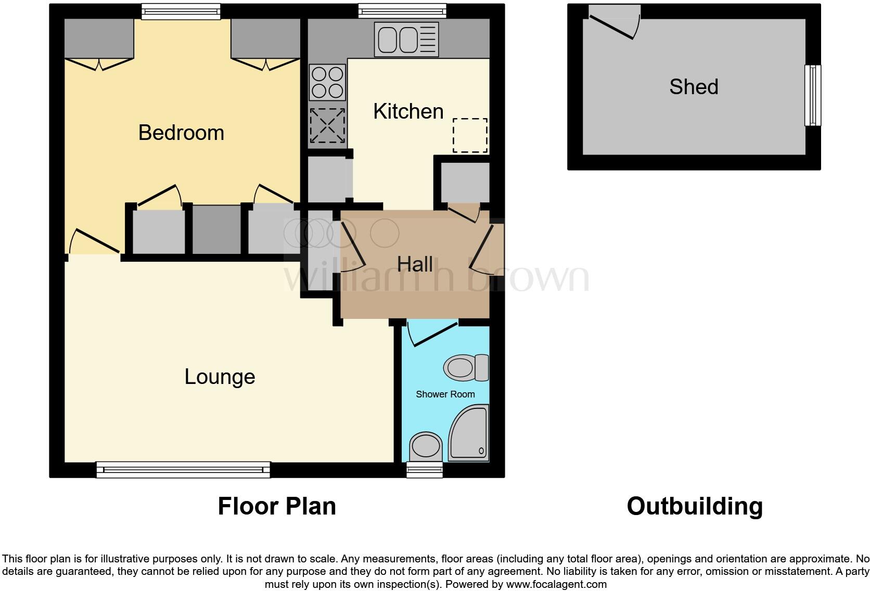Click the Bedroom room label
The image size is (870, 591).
tap(181, 133)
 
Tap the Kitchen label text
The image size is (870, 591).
tap(408, 111)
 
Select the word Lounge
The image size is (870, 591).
tap(220, 377)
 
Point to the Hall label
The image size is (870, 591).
tap(415, 264)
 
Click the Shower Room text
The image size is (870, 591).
tap(445, 394)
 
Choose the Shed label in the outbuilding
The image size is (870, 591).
tap(694, 87)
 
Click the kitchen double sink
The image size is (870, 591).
tap(406, 40)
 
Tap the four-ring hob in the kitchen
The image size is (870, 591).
tap(327, 82)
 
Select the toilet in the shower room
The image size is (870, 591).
tap(466, 368)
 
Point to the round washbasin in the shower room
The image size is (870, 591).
tap(426, 446)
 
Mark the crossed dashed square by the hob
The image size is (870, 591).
tap(327, 125)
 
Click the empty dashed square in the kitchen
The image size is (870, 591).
tap(470, 136)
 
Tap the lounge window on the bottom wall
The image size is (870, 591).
tap(183, 470)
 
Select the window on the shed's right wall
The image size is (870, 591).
tap(812, 95)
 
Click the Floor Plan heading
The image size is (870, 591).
tap(277, 506)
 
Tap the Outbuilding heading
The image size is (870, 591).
tap(695, 506)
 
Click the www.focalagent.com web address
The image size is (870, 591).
tap(556, 584)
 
